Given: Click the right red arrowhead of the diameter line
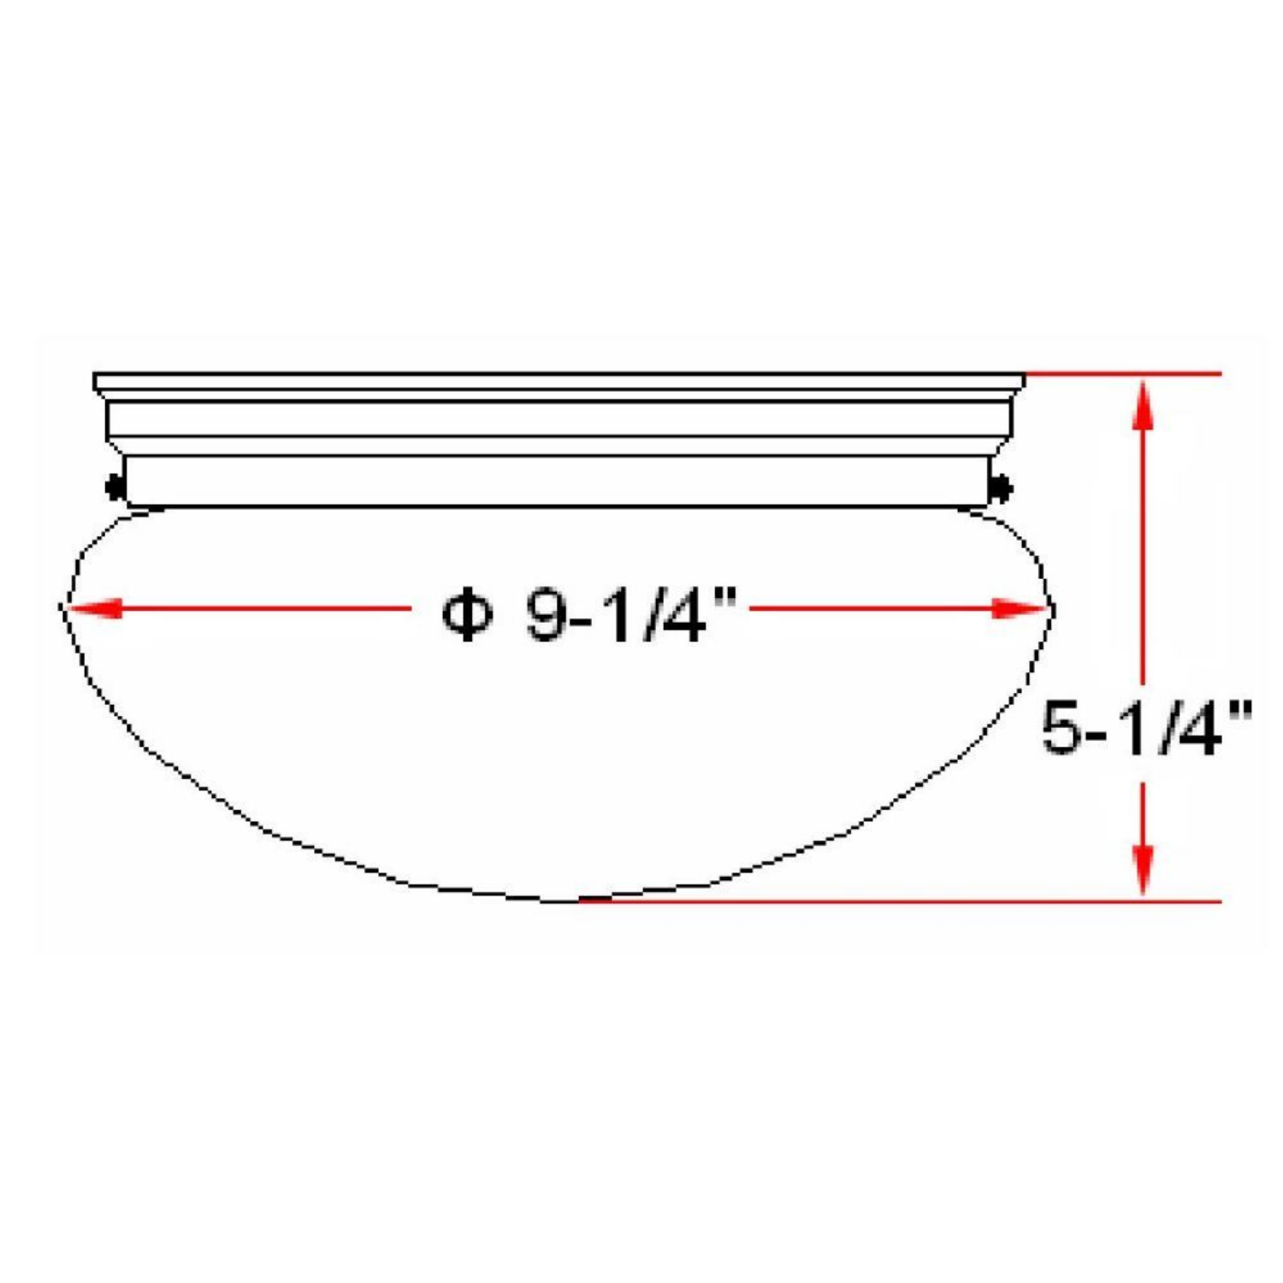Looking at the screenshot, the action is pyautogui.click(x=1020, y=609).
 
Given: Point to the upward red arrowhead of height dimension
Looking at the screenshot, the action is pyautogui.click(x=1144, y=405).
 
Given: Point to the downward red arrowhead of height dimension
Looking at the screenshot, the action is pyautogui.click(x=1144, y=868).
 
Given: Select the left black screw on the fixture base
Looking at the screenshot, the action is pyautogui.click(x=114, y=488).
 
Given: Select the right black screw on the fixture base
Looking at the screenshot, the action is pyautogui.click(x=1001, y=488).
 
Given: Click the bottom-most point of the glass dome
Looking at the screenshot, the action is pyautogui.click(x=556, y=901).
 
